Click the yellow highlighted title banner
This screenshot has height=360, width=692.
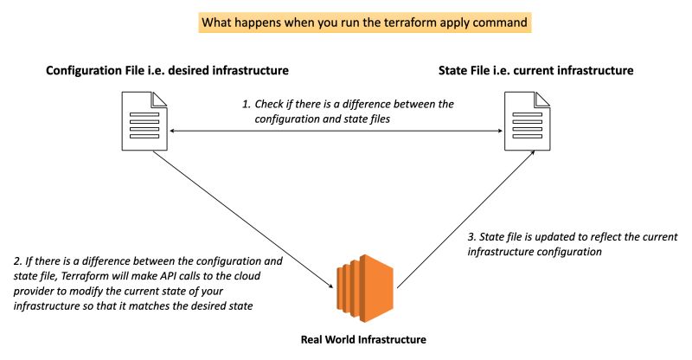[364, 22]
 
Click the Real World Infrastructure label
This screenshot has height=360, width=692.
[362, 340]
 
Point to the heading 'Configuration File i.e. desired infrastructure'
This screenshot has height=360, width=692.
[167, 69]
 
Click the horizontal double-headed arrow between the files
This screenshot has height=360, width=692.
[337, 132]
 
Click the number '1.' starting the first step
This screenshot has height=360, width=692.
[246, 104]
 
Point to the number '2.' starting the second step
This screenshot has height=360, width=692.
[18, 260]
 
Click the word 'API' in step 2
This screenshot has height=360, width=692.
[159, 275]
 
